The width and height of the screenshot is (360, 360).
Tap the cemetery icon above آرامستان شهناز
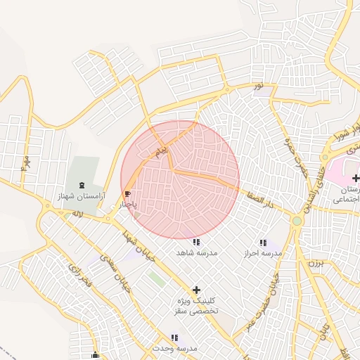[x=82, y=185]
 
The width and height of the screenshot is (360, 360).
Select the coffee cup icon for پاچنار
[x=127, y=194]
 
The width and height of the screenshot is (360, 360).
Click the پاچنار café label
[x=127, y=205]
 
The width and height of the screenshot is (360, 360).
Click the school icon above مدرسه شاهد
[x=195, y=242]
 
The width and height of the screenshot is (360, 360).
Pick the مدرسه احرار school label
[x=262, y=252]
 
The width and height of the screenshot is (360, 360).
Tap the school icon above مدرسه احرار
[x=262, y=242]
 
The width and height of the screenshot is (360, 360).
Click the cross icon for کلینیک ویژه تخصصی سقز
[x=196, y=289]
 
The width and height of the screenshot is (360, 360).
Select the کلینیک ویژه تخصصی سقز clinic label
[x=197, y=305]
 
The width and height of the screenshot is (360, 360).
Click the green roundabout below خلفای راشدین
[x=297, y=221]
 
